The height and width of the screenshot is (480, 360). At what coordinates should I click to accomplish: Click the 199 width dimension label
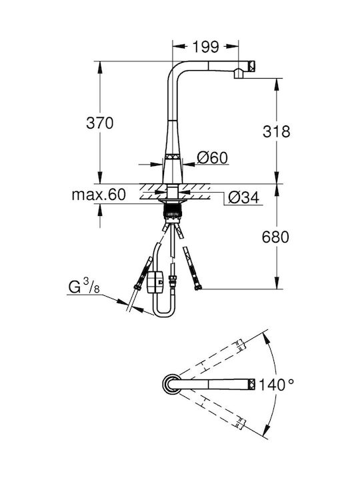point(206,47)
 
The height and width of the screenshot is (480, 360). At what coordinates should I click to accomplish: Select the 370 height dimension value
point(100,123)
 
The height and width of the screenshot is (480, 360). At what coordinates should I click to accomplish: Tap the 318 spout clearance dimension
point(277,131)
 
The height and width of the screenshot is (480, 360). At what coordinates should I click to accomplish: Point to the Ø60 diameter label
point(213,157)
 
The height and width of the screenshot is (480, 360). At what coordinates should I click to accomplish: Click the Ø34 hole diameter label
point(244,197)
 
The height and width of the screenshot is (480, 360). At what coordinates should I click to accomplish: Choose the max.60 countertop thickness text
point(99,195)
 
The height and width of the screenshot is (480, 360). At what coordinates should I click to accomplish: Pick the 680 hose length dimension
point(275,237)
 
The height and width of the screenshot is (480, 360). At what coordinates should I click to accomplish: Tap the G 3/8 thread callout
point(83,287)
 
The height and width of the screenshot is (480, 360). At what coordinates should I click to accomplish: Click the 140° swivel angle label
point(276,385)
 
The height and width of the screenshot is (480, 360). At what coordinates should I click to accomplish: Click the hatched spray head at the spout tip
point(251,65)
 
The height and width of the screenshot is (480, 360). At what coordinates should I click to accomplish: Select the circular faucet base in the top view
point(171,384)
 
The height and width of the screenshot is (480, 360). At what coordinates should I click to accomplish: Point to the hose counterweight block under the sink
point(155,282)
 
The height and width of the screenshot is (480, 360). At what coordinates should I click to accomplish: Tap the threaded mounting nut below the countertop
point(173,211)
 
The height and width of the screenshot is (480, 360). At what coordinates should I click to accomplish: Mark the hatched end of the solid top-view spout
point(251,384)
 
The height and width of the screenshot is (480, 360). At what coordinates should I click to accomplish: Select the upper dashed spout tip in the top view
point(241,345)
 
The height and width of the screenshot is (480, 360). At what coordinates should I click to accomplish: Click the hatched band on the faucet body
point(173,156)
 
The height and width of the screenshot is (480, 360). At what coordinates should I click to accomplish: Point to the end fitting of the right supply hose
point(199,287)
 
